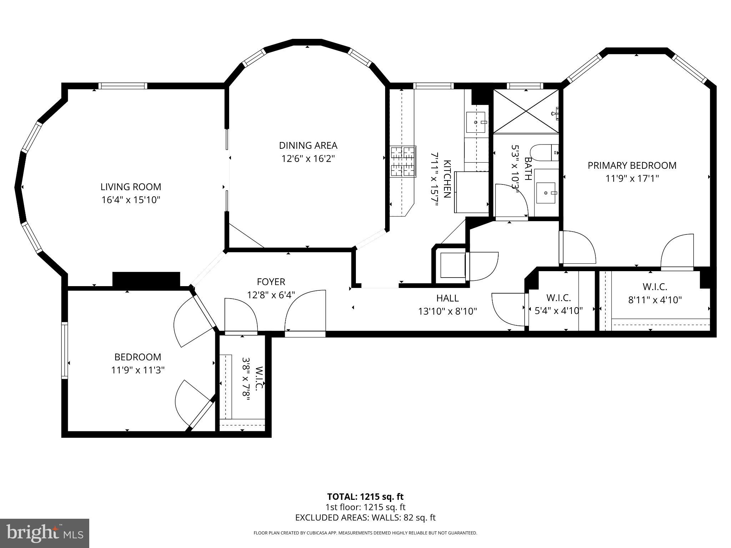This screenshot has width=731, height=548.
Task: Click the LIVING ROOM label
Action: (x=131, y=187)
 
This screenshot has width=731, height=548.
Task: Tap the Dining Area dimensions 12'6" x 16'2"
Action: (x=308, y=158)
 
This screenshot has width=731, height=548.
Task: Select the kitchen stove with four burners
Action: (x=403, y=162)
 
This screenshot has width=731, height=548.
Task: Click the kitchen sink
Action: (x=476, y=122)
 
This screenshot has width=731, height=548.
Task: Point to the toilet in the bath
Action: (x=544, y=153)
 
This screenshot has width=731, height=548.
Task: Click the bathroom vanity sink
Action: (x=546, y=193)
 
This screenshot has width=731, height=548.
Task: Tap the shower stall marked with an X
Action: (x=526, y=111)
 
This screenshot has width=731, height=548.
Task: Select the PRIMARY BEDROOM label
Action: (x=632, y=166)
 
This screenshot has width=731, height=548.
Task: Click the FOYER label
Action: (x=271, y=282)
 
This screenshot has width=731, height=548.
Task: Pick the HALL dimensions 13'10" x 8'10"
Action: (x=448, y=311)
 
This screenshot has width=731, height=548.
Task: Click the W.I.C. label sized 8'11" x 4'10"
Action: (x=655, y=286)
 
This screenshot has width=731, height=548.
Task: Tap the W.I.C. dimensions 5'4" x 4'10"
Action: (x=559, y=310)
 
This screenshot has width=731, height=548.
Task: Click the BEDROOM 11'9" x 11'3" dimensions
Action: (x=137, y=370)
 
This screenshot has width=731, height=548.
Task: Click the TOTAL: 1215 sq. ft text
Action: (x=365, y=497)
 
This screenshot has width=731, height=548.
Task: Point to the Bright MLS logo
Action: (x=45, y=533)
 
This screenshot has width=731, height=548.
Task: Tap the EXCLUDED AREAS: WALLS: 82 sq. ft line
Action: (x=365, y=518)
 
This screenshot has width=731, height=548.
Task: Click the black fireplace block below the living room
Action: (x=146, y=279)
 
